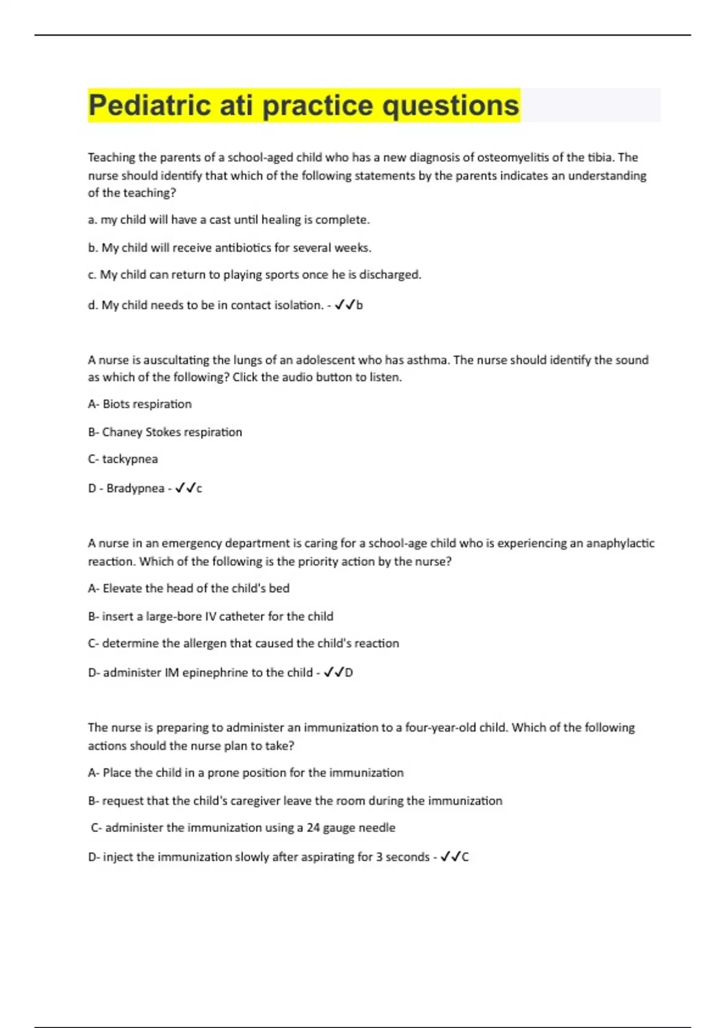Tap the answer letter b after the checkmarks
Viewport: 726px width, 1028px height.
point(359,305)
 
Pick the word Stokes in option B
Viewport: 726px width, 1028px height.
point(163,432)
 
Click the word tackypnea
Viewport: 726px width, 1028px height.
point(129,460)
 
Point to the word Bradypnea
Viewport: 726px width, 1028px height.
point(135,489)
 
